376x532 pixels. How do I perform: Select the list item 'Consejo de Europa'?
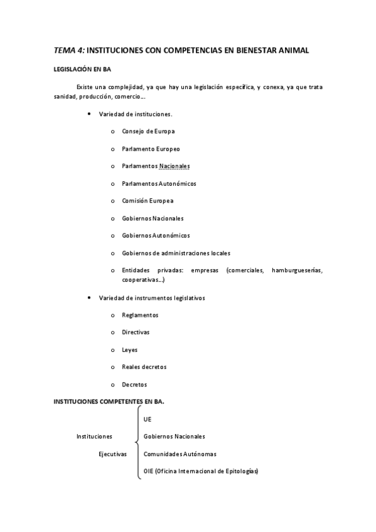[x=148, y=131]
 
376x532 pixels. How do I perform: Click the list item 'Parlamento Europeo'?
[x=151, y=149]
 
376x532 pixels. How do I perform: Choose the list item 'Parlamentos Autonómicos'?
[x=159, y=183]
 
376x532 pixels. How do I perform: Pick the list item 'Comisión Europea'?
[x=148, y=201]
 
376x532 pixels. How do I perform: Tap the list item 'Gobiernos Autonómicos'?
[x=156, y=235]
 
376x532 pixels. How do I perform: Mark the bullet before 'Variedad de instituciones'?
[x=89, y=114]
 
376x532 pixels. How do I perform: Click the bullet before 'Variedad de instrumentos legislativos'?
[x=89, y=297]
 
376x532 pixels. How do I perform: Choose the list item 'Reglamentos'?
[x=140, y=315]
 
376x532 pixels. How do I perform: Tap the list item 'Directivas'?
[x=136, y=332]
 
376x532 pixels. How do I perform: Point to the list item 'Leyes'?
[x=129, y=349]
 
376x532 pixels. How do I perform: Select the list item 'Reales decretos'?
[x=144, y=366]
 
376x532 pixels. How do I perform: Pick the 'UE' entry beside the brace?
[x=148, y=418]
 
